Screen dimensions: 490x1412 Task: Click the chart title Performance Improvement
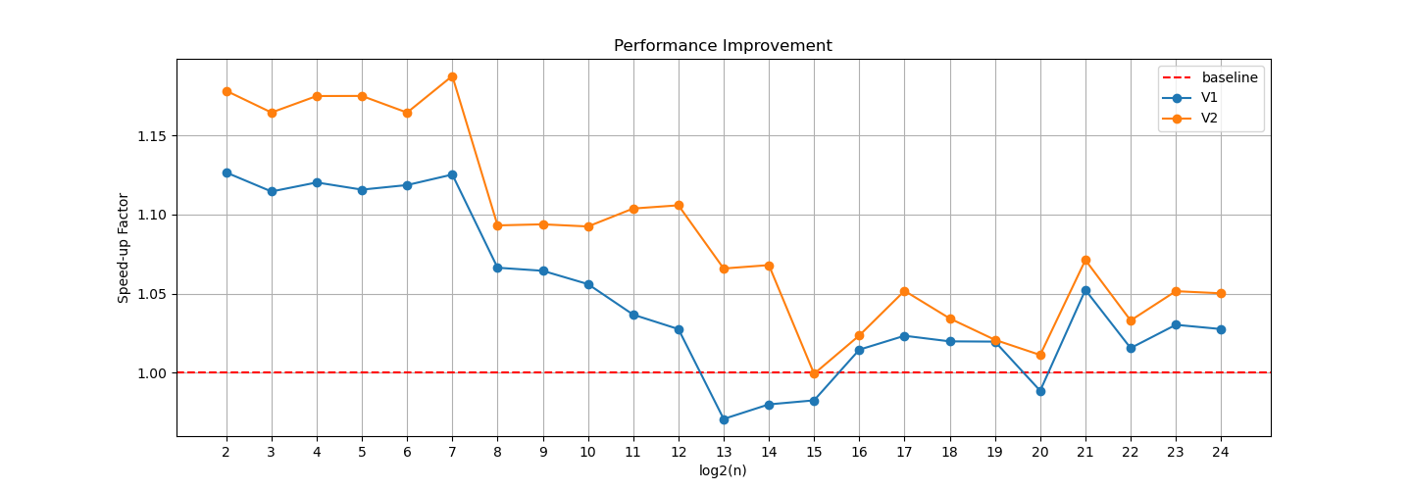pyautogui.click(x=723, y=46)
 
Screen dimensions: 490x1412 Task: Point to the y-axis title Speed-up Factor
pyautogui.click(x=124, y=248)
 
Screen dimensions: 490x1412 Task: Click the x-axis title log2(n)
pyautogui.click(x=723, y=470)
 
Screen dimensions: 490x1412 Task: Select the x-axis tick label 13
pyautogui.click(x=724, y=452)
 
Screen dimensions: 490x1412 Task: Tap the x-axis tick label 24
pyautogui.click(x=1221, y=452)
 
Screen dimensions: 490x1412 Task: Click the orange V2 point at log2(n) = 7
pyautogui.click(x=452, y=76)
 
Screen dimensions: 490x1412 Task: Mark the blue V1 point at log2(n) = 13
pyautogui.click(x=724, y=419)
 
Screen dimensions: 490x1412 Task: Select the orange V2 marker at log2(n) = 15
pyautogui.click(x=814, y=373)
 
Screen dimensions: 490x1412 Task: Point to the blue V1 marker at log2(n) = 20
pyautogui.click(x=1040, y=391)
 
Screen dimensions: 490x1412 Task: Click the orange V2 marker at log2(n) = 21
pyautogui.click(x=1085, y=260)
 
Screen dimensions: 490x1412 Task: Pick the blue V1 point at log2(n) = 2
pyautogui.click(x=227, y=172)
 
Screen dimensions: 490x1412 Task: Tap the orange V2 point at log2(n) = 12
pyautogui.click(x=679, y=205)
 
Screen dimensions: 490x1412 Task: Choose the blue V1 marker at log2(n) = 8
pyautogui.click(x=497, y=268)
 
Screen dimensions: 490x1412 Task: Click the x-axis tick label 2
pyautogui.click(x=227, y=452)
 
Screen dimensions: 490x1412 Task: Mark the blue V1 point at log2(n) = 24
pyautogui.click(x=1221, y=329)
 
